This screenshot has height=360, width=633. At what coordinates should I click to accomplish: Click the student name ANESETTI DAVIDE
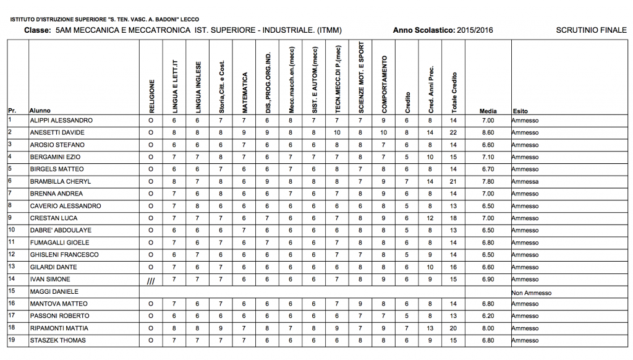tap(57, 132)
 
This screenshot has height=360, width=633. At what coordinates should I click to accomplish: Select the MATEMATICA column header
tap(245, 92)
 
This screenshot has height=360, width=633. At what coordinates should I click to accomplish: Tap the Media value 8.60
tap(488, 132)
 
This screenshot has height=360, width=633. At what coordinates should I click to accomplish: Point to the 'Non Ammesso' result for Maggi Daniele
tap(532, 292)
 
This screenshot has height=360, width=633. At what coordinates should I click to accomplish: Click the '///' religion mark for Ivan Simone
tap(150, 280)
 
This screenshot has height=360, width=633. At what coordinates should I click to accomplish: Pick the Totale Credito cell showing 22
tap(453, 132)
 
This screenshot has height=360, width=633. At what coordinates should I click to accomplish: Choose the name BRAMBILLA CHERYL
tap(60, 181)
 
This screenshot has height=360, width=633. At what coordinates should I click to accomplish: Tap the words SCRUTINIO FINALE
tap(591, 30)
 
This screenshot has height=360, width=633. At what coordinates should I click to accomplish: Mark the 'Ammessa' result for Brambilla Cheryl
tap(525, 181)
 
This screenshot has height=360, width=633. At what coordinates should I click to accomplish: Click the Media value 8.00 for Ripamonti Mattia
tap(488, 328)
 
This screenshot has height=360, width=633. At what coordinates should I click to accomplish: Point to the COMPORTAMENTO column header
tap(384, 84)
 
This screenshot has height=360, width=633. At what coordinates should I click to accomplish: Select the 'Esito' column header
tap(520, 111)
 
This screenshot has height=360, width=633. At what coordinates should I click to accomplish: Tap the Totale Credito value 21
tap(453, 181)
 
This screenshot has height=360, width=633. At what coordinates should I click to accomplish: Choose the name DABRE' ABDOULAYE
tap(60, 230)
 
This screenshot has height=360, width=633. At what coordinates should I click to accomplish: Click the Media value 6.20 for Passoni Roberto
tap(488, 316)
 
